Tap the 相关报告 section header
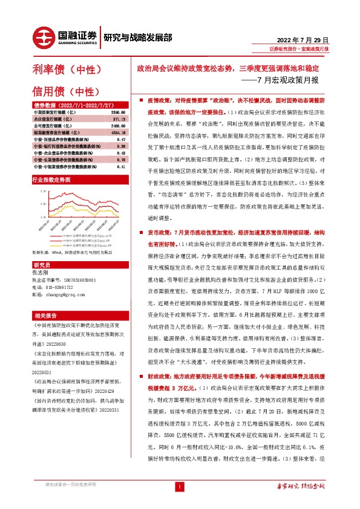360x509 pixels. (46, 315)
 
